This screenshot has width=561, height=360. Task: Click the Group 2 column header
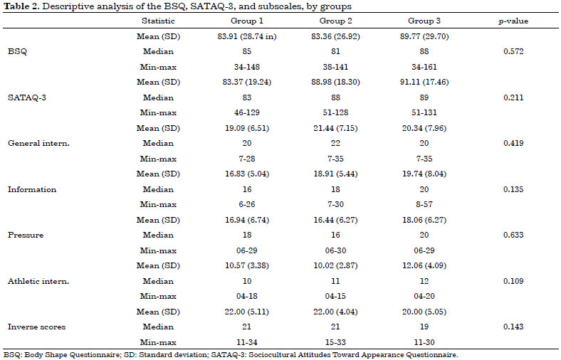335,21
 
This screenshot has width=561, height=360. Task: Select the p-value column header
513,21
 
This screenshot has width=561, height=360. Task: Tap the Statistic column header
158,21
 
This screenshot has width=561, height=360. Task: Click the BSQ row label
17,51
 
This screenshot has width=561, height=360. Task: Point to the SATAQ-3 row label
27,97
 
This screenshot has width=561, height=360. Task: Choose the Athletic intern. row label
38,281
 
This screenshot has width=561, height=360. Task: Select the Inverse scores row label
36,327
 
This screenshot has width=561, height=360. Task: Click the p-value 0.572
513,51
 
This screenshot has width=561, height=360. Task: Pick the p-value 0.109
513,281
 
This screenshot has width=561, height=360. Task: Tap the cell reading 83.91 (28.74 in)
247,36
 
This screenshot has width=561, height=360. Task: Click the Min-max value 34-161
424,67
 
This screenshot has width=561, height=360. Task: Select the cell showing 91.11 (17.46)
424,83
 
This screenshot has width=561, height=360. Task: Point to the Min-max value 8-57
424,204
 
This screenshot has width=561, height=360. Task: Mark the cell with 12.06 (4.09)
424,265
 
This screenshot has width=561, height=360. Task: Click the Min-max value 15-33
335,342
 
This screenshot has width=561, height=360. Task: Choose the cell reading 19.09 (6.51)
247,128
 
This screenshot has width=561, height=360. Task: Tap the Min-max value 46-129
247,112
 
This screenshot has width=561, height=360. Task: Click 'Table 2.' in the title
21,6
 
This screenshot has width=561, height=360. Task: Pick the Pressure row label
26,235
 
